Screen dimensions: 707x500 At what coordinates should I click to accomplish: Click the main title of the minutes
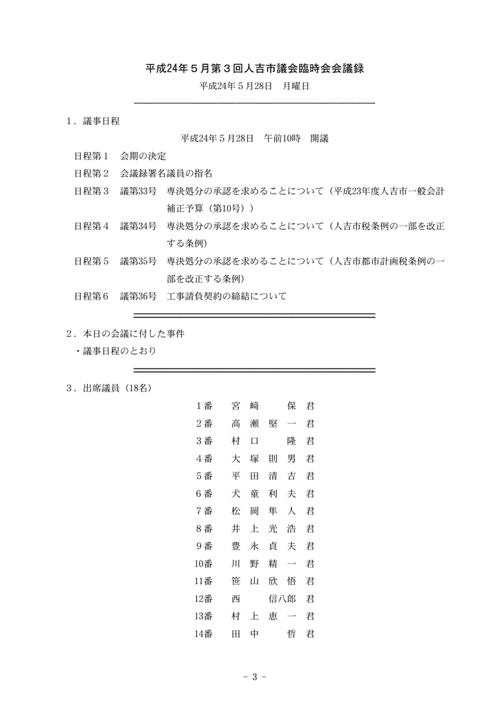pos(253,69)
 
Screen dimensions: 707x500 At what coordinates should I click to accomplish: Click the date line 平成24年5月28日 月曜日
pos(253,86)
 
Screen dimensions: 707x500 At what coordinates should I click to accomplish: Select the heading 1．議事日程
pos(93,121)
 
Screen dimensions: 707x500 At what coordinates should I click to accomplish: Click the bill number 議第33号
pos(137,191)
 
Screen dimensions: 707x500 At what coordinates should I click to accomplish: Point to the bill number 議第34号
pos(137,226)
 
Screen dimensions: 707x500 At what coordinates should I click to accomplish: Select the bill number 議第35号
pos(137,261)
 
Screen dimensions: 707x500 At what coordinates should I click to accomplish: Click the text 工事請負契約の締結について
pos(227,296)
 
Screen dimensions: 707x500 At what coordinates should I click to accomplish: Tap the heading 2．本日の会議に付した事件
pos(125,333)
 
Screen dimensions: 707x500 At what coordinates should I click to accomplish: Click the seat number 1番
pos(204,405)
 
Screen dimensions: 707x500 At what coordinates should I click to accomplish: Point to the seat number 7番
pos(204,511)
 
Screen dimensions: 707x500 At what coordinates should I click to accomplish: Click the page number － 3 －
pos(254,676)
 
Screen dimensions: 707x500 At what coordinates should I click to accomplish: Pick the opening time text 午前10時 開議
pos(296,138)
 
